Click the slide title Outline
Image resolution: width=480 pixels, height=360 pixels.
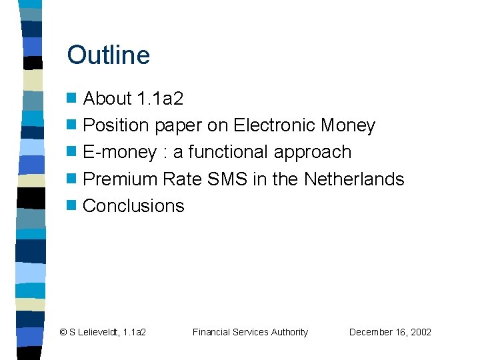point(109,55)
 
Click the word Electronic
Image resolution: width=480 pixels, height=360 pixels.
point(274,125)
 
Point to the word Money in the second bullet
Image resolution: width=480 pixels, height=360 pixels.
point(348,125)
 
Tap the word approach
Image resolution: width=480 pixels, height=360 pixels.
point(313,153)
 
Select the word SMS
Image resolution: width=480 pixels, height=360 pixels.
point(228,179)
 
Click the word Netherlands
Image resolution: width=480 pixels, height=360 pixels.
point(354,179)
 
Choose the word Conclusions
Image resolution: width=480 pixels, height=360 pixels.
point(133,205)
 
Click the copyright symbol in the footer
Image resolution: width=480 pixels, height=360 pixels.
point(63,332)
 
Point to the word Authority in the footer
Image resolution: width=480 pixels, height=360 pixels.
point(289,332)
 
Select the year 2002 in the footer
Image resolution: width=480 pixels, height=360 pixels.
point(421,332)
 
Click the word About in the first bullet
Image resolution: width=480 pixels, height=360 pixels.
point(107,99)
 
